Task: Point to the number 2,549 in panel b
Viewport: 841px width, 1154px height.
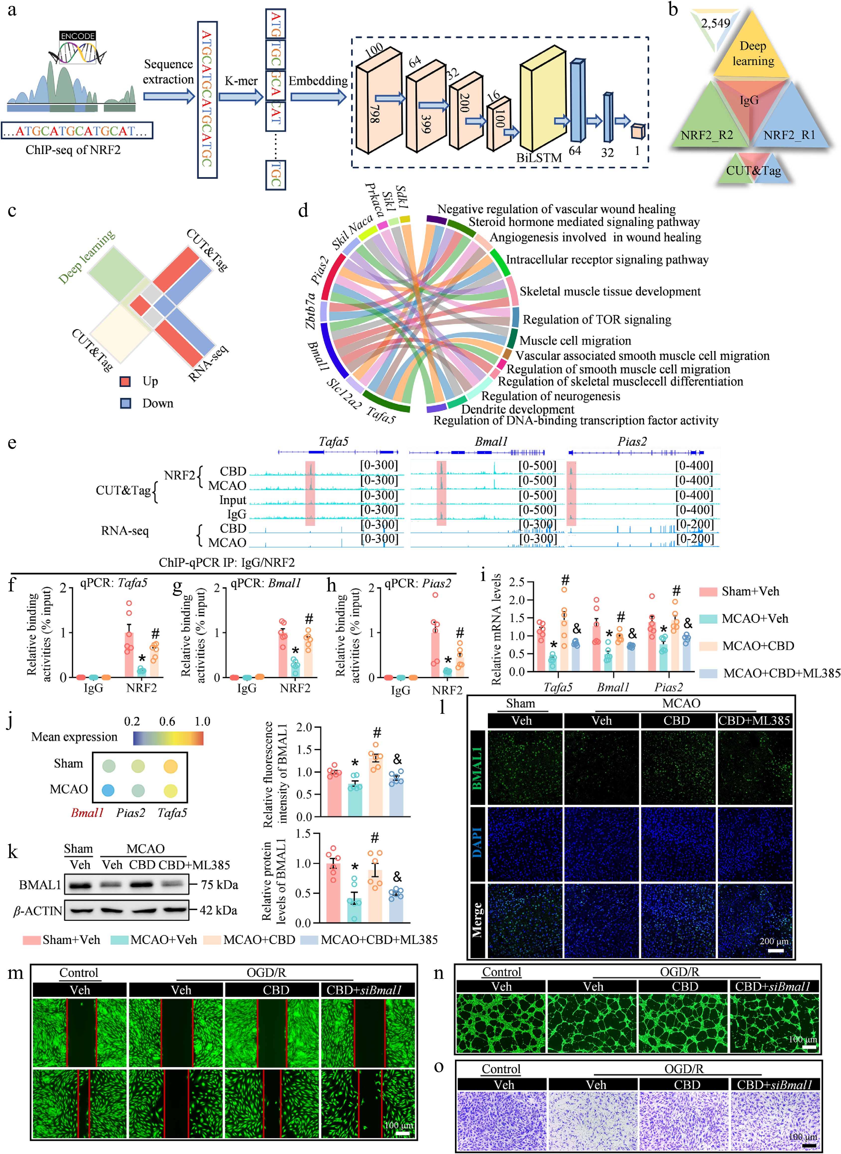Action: click(715, 23)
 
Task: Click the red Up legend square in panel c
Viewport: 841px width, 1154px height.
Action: click(125, 381)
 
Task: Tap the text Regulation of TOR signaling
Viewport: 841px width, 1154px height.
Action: click(597, 319)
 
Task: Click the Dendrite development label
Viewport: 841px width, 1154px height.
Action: click(518, 409)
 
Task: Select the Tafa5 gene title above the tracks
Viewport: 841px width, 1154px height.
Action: click(333, 441)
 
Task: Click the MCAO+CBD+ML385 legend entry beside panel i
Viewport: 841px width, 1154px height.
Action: click(781, 673)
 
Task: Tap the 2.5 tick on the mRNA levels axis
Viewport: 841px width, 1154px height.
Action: click(517, 582)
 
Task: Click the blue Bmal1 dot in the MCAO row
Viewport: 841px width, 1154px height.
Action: click(108, 790)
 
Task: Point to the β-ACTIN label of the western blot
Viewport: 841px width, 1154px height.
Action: click(38, 910)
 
